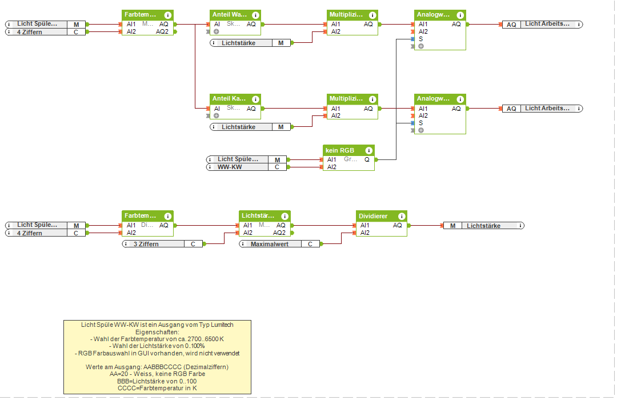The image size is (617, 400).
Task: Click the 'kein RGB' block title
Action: [x=340, y=150]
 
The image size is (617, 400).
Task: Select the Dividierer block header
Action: [x=372, y=216]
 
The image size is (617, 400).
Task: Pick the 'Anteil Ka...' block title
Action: [x=229, y=99]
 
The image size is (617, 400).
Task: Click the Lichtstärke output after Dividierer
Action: [x=483, y=226]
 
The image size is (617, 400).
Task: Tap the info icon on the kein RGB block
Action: [x=369, y=150]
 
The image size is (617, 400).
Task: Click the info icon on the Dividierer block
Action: [x=402, y=216]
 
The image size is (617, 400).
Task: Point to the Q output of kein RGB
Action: [x=367, y=159]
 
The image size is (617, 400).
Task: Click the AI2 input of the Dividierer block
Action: [x=365, y=233]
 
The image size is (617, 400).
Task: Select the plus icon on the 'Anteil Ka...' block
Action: [x=217, y=115]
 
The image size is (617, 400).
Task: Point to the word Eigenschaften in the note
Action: [x=157, y=331]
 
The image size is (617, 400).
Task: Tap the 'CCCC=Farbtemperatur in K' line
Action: [x=157, y=387]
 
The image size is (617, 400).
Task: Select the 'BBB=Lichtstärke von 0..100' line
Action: [x=157, y=381]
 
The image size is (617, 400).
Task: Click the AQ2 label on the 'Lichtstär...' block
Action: [x=279, y=233]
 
